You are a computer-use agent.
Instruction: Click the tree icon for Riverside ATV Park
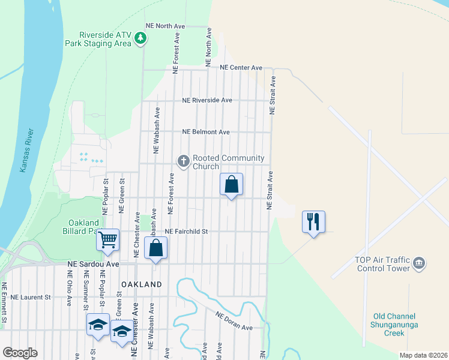[141, 39]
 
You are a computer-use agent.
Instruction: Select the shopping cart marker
[108, 241]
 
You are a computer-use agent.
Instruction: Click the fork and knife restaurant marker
[313, 222]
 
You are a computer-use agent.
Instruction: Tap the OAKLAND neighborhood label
[142, 284]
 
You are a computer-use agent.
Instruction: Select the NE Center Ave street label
[241, 68]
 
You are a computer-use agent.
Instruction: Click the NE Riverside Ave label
[207, 100]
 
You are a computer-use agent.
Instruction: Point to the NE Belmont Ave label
[206, 132]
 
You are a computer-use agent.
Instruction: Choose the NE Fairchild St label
[186, 231]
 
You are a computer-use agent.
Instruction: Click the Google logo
[19, 353]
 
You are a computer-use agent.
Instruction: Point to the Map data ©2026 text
[423, 355]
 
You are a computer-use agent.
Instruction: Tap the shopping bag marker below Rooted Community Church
[232, 185]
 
